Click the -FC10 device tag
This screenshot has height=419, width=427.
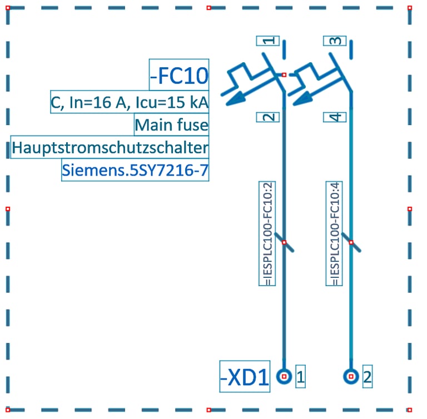179,75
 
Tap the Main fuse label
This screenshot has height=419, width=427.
171,124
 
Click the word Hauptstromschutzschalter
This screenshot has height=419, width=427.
110,148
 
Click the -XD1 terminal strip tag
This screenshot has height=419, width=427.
245,377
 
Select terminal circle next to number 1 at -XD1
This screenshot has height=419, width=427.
284,377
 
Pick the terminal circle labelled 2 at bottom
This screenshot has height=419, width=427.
351,377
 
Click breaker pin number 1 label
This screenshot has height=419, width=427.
268,41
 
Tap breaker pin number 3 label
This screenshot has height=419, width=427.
335,41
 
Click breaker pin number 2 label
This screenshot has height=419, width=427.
268,117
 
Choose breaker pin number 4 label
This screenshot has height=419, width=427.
335,117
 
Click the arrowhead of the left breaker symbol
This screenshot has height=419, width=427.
234,99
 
